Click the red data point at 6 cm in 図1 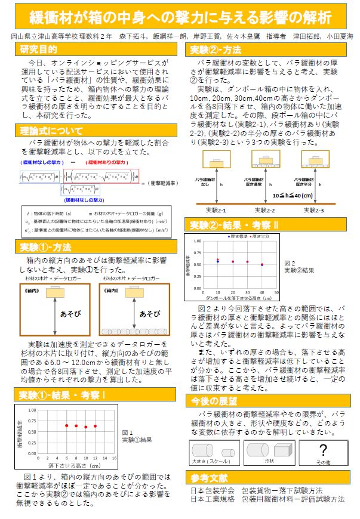point(66,425)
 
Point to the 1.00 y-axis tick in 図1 point(33,410)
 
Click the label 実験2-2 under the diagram point(265,209)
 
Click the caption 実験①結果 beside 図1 point(137,440)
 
